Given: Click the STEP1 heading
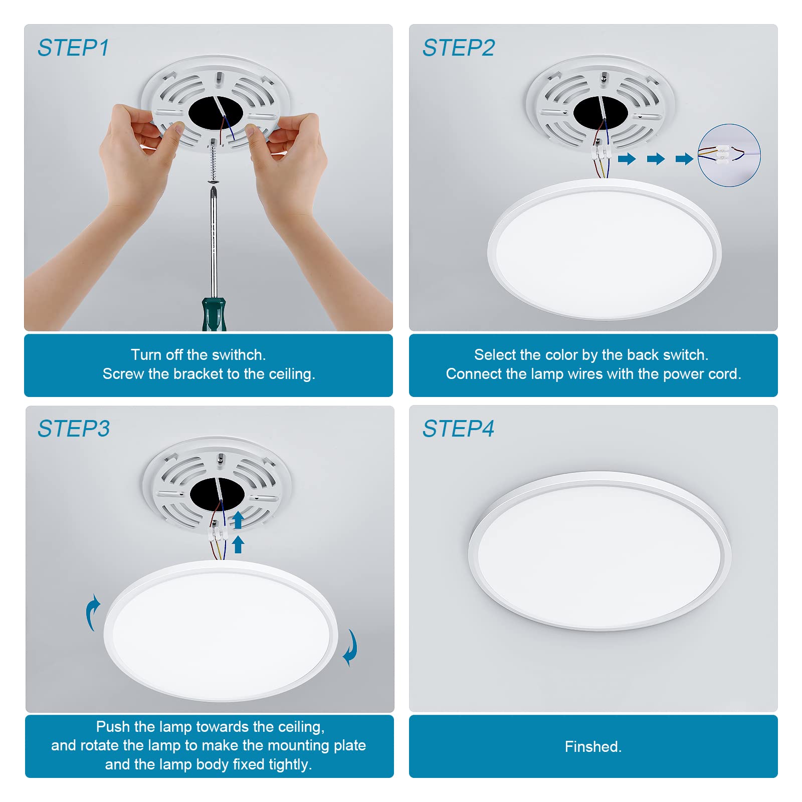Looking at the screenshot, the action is pos(73,48).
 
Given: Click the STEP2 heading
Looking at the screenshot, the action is pos(458,48).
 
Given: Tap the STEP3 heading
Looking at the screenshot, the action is pos(74,429).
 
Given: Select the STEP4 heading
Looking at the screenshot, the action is pos(458,429).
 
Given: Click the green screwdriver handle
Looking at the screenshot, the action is pos(214,314).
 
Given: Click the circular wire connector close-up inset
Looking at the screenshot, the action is pos(729,155).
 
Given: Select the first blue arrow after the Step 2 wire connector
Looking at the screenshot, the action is pos(627,159).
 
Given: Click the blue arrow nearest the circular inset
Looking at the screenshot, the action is pos(684,159).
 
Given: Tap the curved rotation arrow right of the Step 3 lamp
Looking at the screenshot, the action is pos(350,648).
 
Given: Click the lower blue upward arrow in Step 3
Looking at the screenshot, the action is pos(238,544).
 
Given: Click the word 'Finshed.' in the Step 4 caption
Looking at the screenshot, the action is pos(593,747).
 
